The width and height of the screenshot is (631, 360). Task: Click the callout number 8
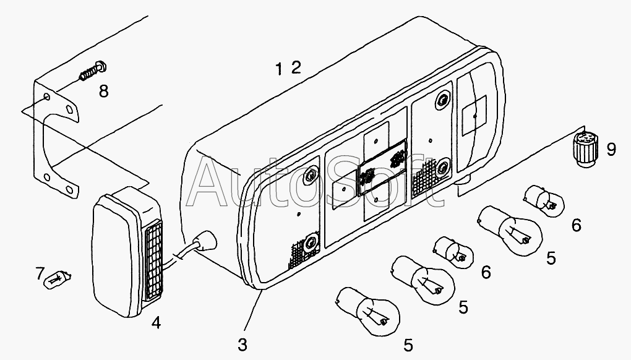(x=103, y=92)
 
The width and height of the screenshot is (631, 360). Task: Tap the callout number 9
(x=611, y=149)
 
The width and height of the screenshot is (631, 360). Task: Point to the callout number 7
(x=40, y=273)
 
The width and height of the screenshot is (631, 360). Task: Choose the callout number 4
(x=156, y=323)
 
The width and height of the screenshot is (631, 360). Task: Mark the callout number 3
(x=243, y=342)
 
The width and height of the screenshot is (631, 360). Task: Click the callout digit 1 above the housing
(x=280, y=69)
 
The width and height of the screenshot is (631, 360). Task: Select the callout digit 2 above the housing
(x=296, y=67)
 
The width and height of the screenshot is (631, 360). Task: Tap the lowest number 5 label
(x=409, y=345)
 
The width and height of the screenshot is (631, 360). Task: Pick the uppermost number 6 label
(x=576, y=225)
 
